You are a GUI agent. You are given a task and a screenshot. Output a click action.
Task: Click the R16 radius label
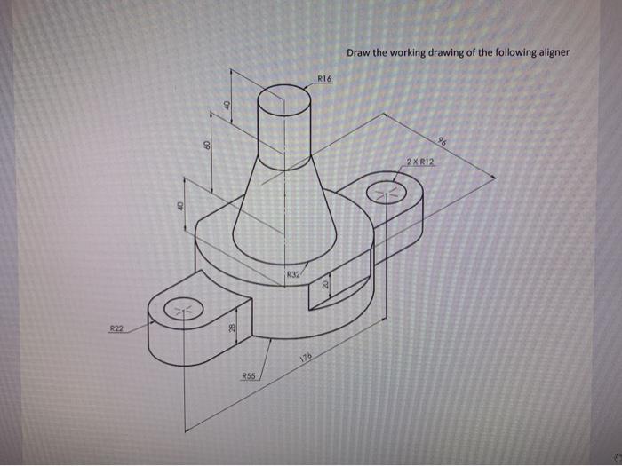click(x=324, y=79)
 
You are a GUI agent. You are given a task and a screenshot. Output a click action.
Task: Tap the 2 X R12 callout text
click(x=419, y=161)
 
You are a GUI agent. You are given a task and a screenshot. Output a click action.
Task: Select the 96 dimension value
click(x=442, y=142)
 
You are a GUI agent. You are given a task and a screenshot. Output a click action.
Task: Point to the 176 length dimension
click(x=307, y=357)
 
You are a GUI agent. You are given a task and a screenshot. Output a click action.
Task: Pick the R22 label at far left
click(x=116, y=328)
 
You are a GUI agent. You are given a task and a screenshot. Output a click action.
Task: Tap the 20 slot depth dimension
click(x=325, y=283)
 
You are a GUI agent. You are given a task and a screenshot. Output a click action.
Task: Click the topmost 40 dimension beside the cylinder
click(x=227, y=105)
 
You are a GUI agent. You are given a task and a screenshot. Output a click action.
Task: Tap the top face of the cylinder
click(x=284, y=98)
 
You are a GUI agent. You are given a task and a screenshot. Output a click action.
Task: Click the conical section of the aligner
click(x=284, y=213)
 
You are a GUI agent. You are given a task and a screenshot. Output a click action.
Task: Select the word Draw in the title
click(x=359, y=52)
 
